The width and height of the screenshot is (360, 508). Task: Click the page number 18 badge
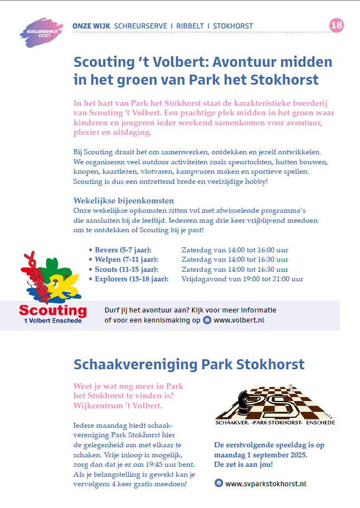337,25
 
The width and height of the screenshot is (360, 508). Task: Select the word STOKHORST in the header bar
233,26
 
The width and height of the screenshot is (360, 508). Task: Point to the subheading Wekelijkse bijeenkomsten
124,200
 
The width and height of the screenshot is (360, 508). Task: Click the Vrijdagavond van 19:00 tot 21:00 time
242,279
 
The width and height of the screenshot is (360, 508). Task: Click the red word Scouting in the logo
53,310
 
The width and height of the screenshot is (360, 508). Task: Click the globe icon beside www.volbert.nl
207,320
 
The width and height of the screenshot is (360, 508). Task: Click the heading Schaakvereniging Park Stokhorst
189,365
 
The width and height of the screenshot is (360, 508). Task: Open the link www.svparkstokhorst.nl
266,483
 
